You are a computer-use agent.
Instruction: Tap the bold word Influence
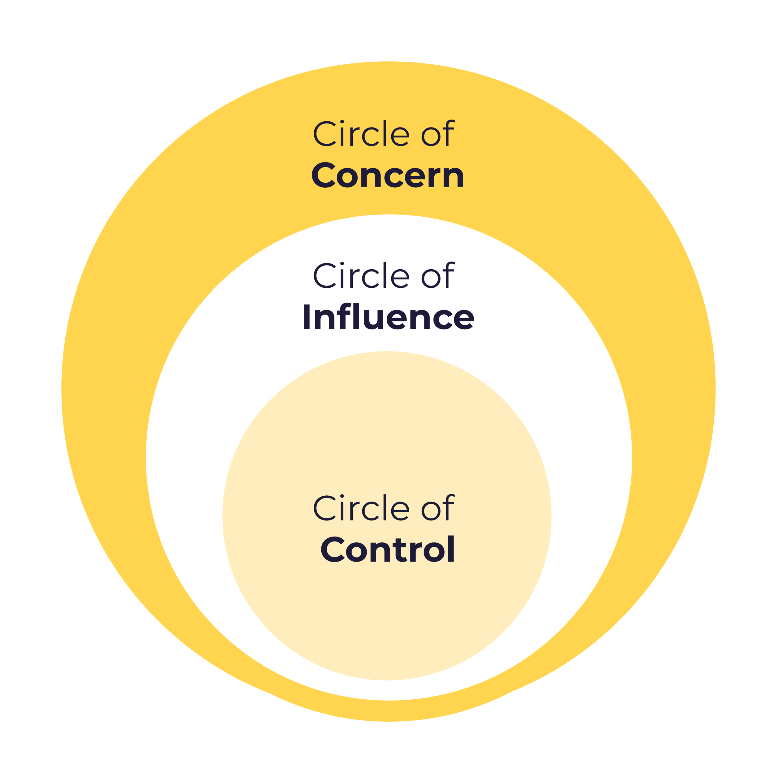click(388, 317)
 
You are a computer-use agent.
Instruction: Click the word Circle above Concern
click(361, 133)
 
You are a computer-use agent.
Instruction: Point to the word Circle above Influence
click(361, 275)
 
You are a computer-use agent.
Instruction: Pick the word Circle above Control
click(361, 508)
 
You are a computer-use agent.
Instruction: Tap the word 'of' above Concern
click(437, 133)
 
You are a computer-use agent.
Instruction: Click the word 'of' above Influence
click(437, 275)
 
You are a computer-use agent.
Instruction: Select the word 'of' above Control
click(437, 508)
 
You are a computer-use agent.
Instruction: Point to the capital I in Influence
click(307, 317)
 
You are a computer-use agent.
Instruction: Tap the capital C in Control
click(333, 550)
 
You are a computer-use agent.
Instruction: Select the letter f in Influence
click(345, 316)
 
